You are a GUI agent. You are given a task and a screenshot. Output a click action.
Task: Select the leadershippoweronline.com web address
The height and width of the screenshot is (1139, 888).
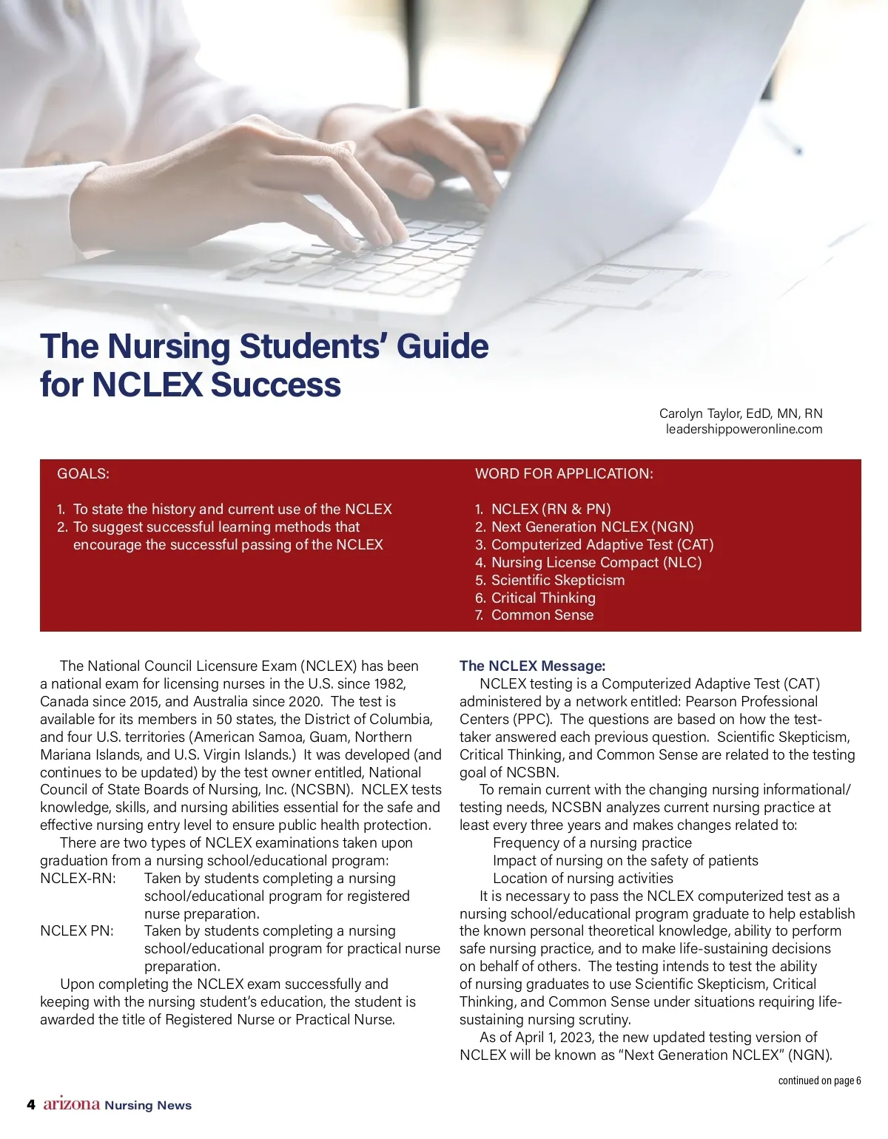coord(744,429)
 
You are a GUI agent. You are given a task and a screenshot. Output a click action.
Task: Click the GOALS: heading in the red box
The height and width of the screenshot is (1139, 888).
coord(83,473)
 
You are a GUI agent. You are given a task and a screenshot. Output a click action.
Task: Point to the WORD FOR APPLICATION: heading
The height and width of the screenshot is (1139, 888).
coord(564,473)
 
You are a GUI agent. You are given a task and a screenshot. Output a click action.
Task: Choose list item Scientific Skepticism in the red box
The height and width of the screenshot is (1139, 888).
coord(557,580)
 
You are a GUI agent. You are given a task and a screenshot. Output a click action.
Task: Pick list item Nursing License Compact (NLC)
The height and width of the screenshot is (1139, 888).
coord(596,562)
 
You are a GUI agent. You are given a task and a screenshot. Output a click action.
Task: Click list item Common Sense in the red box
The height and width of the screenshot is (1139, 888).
coord(542,615)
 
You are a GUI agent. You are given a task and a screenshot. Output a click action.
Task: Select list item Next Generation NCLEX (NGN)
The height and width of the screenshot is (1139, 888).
coord(592,527)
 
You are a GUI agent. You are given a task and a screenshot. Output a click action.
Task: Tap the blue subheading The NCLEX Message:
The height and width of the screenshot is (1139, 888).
coord(532,666)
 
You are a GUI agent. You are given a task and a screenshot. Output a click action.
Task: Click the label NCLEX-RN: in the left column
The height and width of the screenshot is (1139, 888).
coord(78,879)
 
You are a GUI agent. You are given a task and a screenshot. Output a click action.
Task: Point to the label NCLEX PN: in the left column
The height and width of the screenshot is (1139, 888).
coord(77,931)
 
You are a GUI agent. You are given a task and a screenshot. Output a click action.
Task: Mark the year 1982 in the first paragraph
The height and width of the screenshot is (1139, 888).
coord(390,684)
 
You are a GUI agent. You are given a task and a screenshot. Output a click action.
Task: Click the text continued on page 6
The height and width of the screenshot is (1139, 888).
coord(819,1081)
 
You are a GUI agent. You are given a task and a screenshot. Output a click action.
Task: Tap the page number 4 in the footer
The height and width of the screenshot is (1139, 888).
coord(31,1105)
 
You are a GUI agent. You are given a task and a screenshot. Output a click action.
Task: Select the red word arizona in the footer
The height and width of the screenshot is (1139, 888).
coord(72,1104)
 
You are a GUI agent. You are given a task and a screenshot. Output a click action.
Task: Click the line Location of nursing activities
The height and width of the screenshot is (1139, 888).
coord(582,879)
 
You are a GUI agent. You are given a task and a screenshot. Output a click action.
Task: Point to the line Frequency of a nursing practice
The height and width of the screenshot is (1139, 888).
coord(592,843)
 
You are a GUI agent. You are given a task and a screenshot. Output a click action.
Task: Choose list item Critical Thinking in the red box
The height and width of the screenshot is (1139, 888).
coord(543,598)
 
